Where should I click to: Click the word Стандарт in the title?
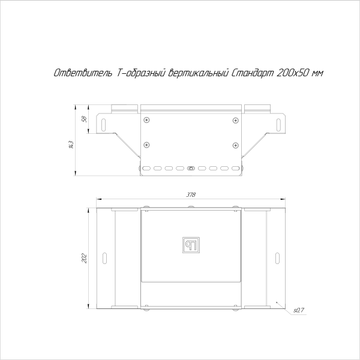point(253,73)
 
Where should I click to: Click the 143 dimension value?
point(70,143)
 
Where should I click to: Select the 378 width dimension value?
point(191,195)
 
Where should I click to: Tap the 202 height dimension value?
point(84,258)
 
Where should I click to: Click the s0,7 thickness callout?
point(299,310)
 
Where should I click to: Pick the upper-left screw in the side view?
point(146,120)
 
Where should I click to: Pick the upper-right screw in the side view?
point(235,120)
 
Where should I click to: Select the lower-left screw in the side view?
point(146,144)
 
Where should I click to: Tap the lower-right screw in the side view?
point(235,144)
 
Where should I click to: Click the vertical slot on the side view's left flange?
point(106,124)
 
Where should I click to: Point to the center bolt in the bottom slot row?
point(191,169)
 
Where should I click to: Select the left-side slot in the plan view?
point(104,258)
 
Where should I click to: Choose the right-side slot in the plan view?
point(278,258)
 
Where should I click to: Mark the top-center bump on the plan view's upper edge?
point(191,208)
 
